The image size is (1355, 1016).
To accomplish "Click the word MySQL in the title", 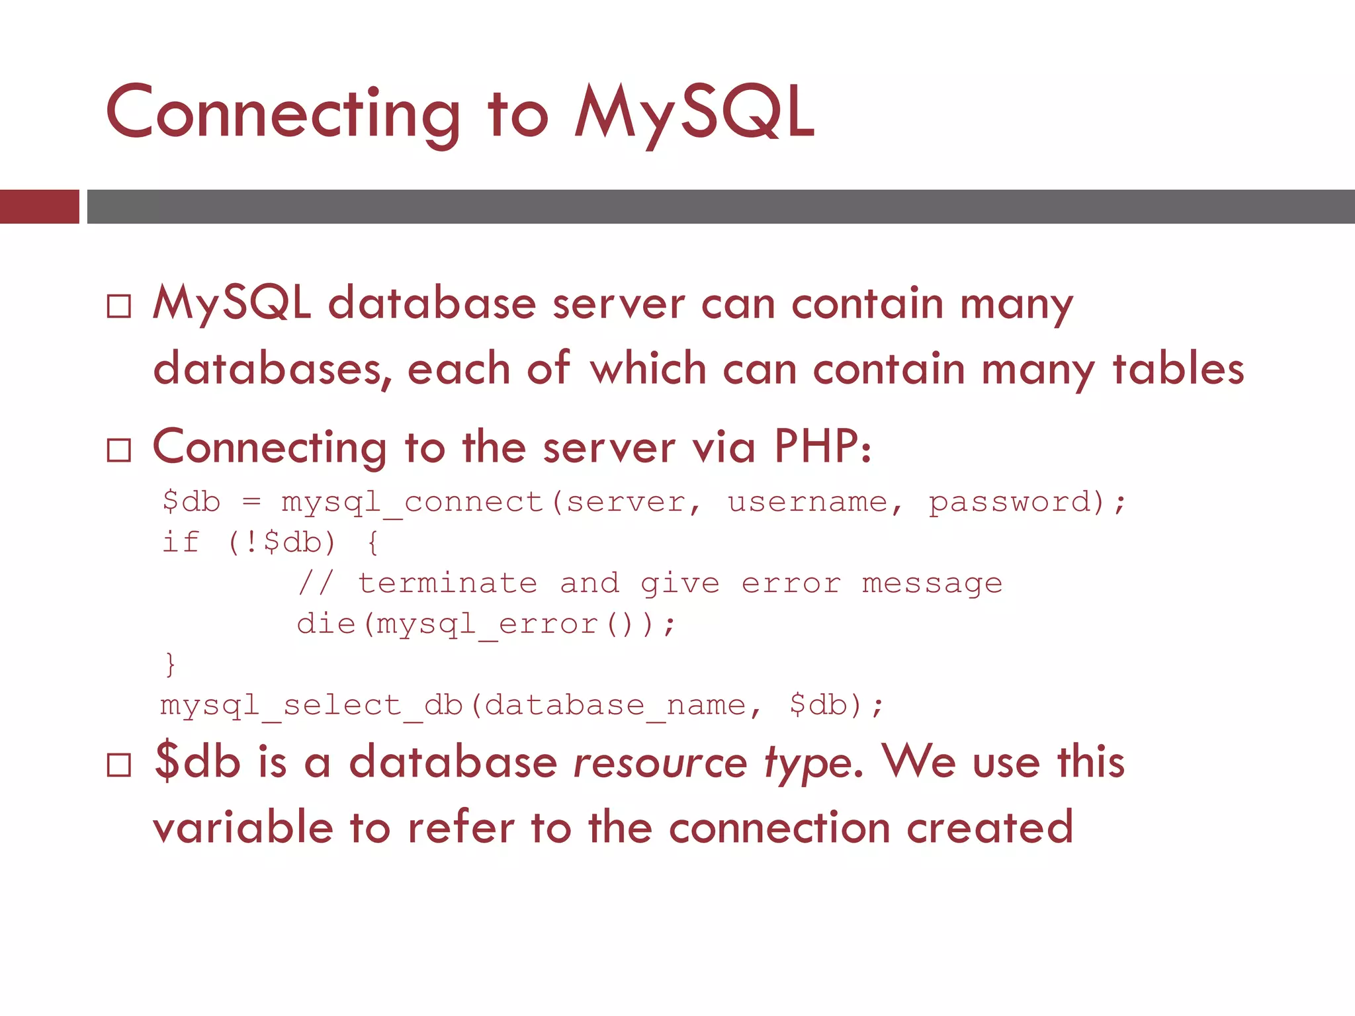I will (695, 114).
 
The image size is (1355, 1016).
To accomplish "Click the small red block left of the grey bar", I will (39, 206).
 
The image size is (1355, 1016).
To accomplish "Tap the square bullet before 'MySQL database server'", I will (119, 306).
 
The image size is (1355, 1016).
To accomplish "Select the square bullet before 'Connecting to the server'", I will (119, 450).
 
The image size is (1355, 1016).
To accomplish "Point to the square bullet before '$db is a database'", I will (119, 765).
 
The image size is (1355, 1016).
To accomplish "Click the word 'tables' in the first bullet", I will (1178, 369).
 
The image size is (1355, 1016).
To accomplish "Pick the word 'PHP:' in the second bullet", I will (823, 447).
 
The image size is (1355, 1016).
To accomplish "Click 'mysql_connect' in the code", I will (412, 503).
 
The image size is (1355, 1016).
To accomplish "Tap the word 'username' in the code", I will (807, 503).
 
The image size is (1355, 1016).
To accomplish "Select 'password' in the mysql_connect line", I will (1010, 503).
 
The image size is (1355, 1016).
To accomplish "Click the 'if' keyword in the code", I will (181, 542).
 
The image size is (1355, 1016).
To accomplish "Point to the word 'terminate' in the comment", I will (447, 583).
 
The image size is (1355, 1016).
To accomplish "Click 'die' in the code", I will (326, 624).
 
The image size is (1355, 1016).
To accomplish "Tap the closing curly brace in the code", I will (170, 664).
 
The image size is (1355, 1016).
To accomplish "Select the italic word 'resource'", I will (660, 763).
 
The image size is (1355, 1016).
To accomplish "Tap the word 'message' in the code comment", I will (932, 583).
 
